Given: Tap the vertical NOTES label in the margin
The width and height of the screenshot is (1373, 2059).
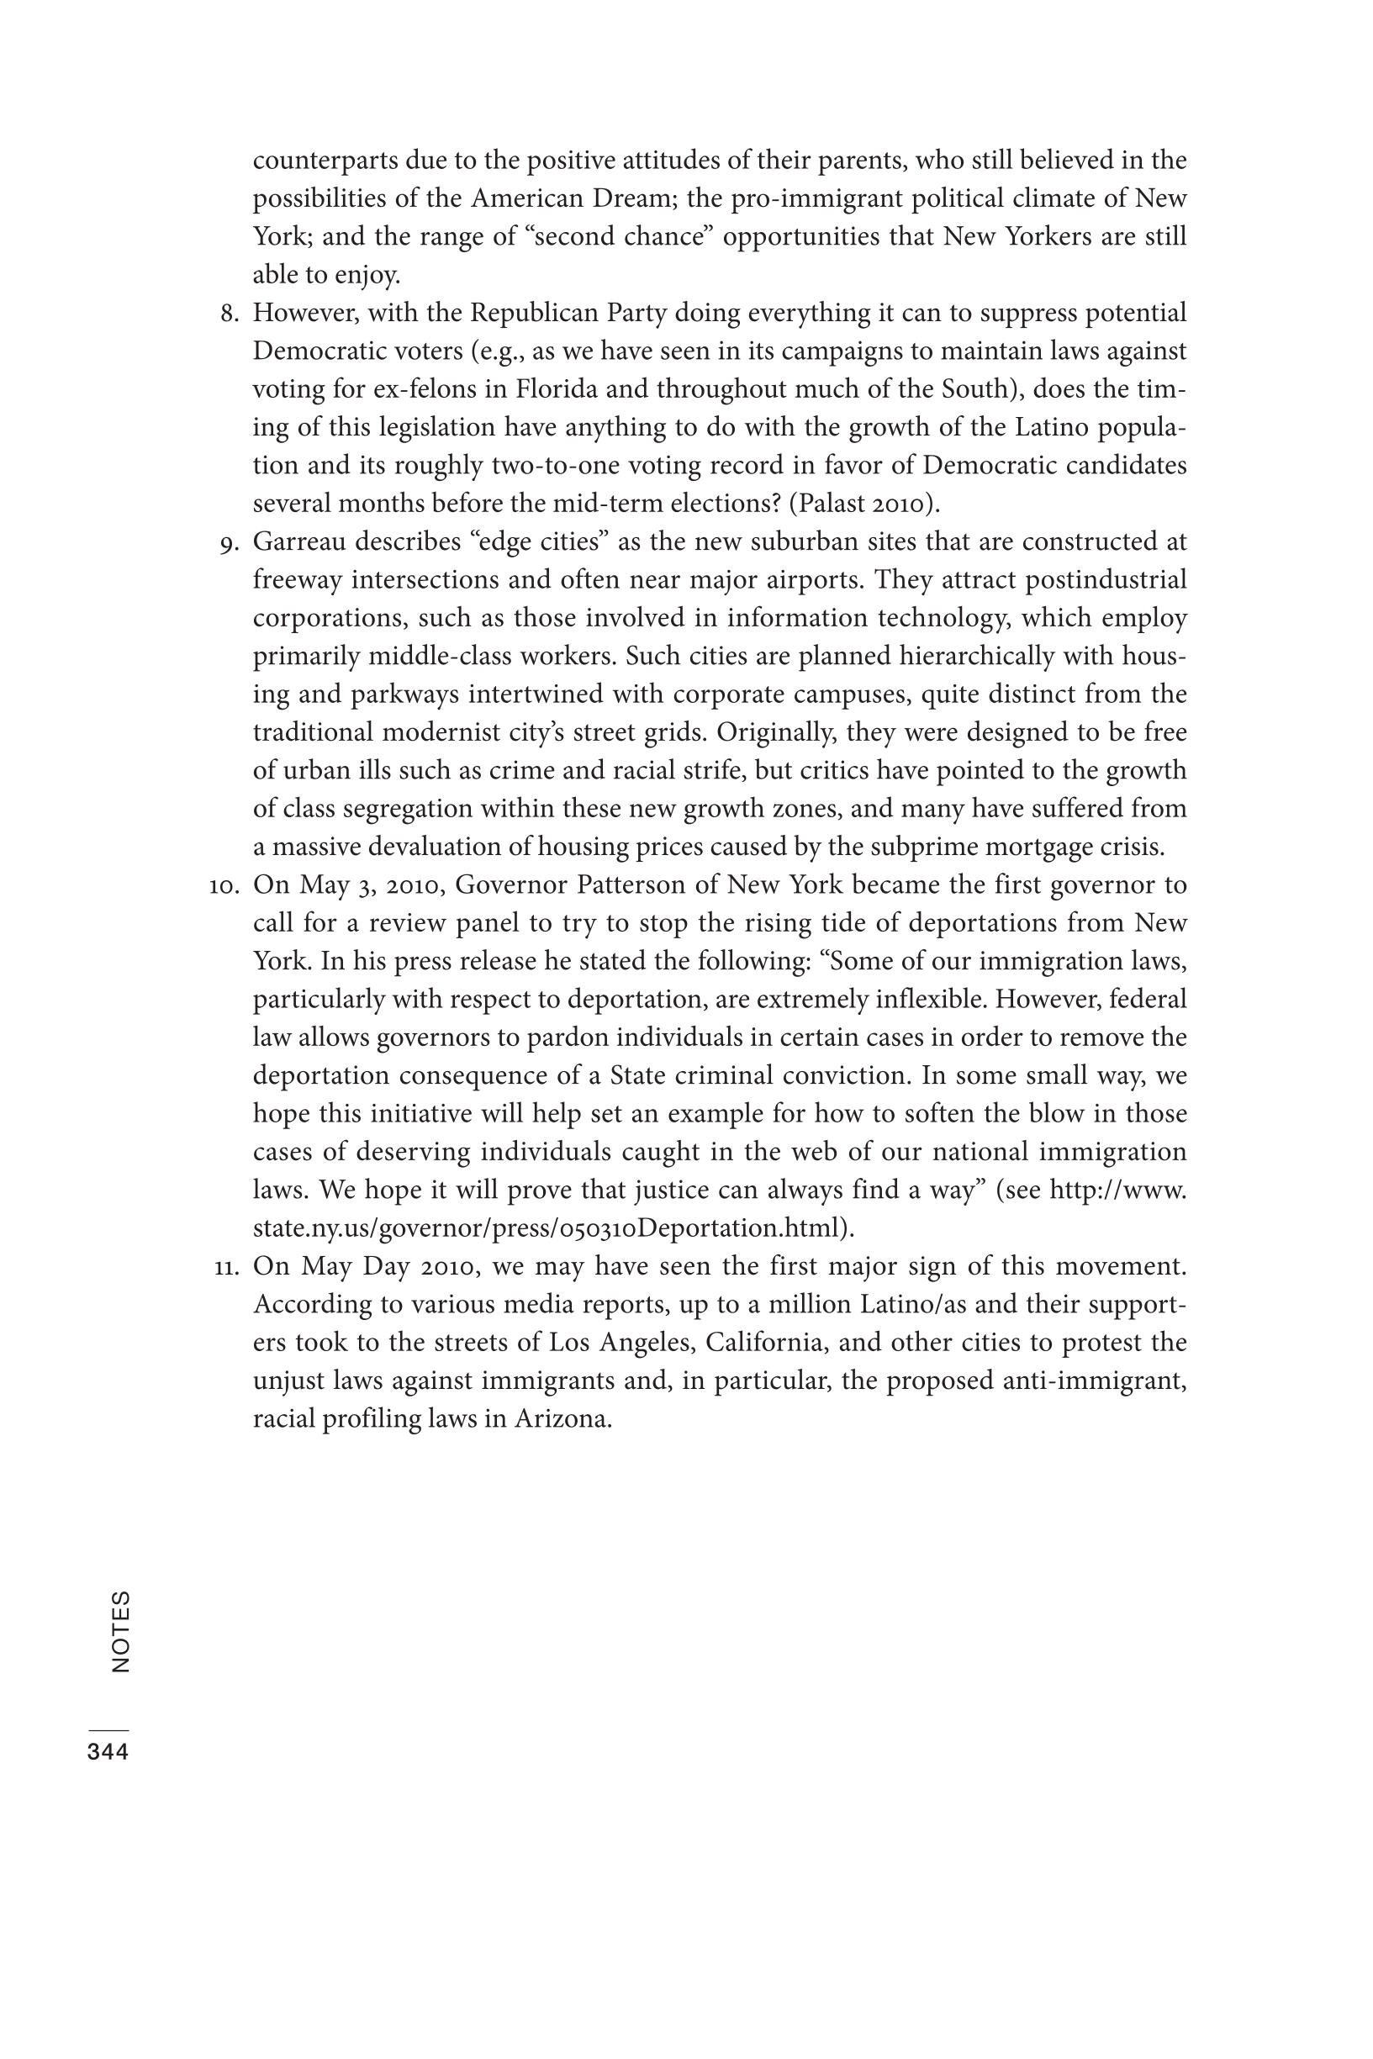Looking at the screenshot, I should (121, 1632).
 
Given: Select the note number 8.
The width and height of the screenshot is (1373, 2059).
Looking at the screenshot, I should (230, 314).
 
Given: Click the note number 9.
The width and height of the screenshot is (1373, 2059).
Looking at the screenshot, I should (230, 543).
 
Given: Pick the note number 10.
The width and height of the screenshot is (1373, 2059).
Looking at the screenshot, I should (224, 885).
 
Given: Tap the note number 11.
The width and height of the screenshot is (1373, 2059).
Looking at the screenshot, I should (226, 1267).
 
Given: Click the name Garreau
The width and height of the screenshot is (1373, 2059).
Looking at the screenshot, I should (297, 542).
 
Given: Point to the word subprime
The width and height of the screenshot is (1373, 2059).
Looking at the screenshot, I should (925, 847).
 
